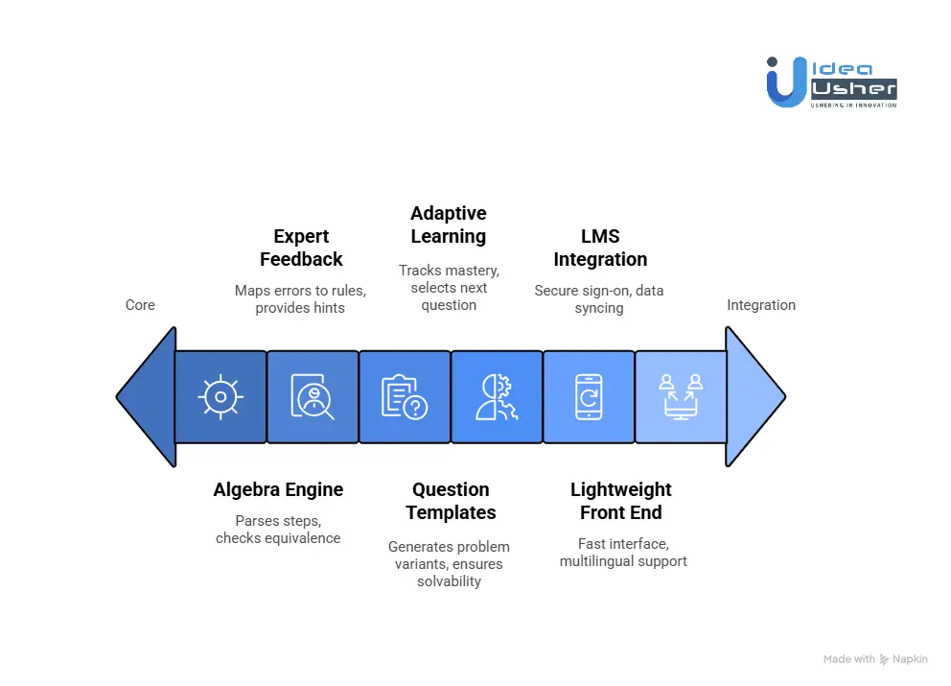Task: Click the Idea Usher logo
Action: pos(830,82)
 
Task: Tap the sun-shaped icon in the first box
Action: pos(220,396)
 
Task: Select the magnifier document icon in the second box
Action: pos(313,396)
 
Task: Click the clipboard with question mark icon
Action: pos(405,396)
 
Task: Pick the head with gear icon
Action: pos(496,396)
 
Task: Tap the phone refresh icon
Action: pos(589,396)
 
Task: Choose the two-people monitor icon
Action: pos(681,396)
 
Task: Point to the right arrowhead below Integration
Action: pos(754,396)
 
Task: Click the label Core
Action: pos(140,305)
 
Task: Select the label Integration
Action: pos(761,305)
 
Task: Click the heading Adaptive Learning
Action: pos(449,225)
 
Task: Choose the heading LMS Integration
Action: pos(600,248)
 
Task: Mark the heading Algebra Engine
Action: pos(278,489)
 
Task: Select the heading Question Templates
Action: pos(451,501)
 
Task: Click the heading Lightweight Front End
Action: pos(622,501)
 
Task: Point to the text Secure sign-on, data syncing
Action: pos(599,299)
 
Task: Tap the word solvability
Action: pos(449,581)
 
